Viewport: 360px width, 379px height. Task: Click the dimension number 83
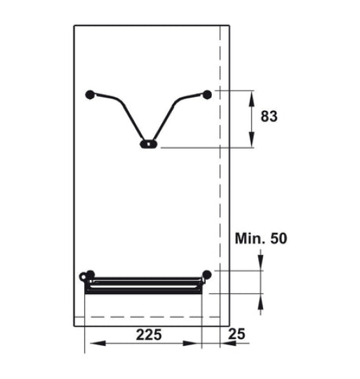[269, 117]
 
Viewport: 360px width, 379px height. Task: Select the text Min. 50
[260, 239]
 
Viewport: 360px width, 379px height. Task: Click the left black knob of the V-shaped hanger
[89, 94]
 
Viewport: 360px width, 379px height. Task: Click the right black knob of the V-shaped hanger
[207, 94]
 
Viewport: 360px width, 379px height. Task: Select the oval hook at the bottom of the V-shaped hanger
[148, 145]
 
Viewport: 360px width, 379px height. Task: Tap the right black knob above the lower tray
[206, 274]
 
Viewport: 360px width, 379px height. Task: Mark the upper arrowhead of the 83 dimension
[253, 98]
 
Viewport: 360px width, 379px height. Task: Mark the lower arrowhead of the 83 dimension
[253, 141]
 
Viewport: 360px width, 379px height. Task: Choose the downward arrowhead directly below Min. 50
[260, 264]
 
